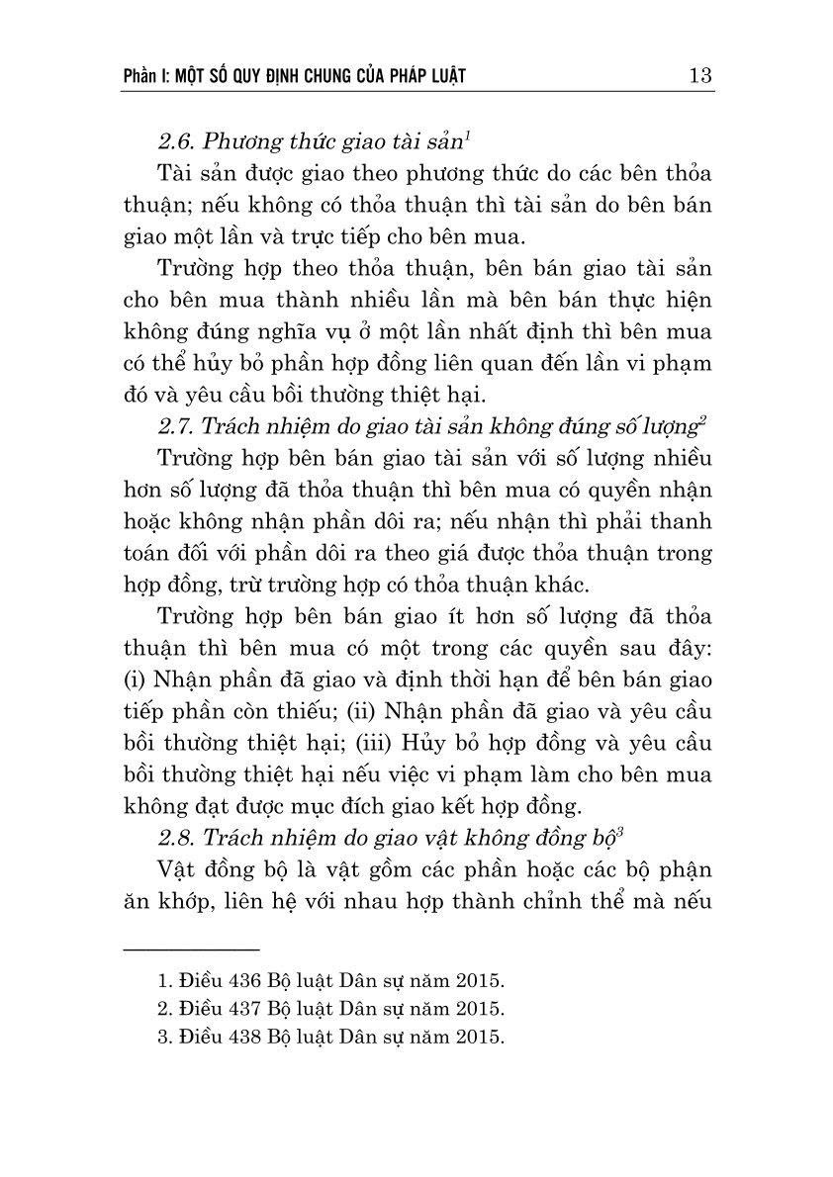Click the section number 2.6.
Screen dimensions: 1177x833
coord(176,138)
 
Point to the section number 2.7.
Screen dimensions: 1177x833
coord(176,427)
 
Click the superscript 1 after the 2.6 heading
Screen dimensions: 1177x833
coord(467,133)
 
